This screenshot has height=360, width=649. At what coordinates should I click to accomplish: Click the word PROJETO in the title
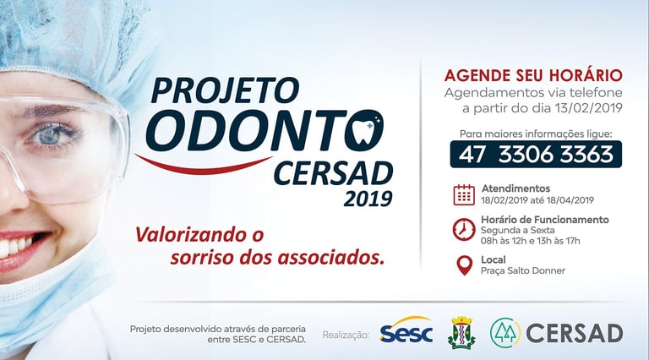[225, 90]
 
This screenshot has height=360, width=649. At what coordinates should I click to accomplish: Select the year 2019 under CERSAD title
[368, 199]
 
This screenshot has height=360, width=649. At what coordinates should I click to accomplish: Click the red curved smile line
[204, 165]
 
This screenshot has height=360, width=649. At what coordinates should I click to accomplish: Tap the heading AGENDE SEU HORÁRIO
[533, 76]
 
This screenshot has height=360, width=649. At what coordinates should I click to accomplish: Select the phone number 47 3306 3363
[536, 155]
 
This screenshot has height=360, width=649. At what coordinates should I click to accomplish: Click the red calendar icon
[464, 194]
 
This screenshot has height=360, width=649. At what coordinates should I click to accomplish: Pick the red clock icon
[464, 230]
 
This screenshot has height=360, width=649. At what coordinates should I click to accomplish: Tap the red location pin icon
[465, 265]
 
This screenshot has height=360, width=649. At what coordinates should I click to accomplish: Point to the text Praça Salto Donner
[523, 270]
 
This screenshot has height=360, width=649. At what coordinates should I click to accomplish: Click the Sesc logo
[406, 330]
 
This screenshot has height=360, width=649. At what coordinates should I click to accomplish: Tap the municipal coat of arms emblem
[461, 332]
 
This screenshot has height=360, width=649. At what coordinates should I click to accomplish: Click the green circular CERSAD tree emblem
[505, 332]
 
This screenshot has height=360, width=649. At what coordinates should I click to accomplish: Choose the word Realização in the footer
[346, 335]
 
